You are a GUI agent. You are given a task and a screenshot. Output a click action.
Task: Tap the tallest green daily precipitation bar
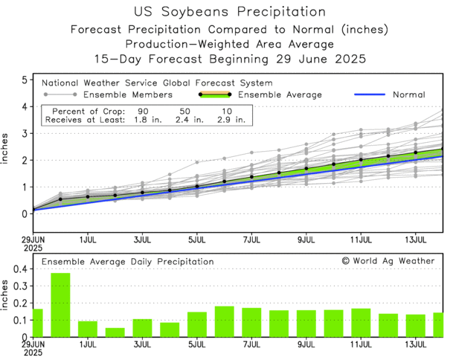60,305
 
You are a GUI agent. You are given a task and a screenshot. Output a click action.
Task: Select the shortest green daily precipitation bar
115,332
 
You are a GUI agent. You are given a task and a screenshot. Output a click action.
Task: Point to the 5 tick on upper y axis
25,80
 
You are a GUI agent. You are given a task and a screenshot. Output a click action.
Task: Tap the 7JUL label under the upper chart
251,240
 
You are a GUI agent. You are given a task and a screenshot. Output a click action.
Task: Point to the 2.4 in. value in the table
184,119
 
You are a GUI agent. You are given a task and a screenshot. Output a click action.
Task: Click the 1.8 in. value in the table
145,119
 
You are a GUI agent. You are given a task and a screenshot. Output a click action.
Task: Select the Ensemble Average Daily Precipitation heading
127,262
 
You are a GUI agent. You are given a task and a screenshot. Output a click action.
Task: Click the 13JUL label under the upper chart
415,240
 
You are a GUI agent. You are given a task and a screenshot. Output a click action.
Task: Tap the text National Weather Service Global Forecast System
156,83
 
